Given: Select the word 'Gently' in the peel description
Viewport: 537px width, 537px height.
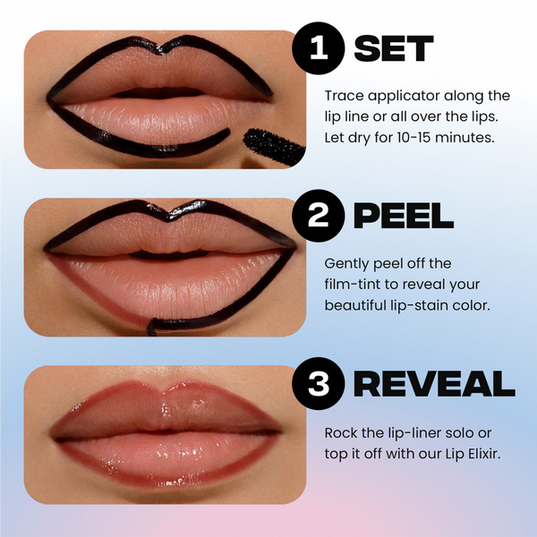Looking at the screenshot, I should tap(347, 263).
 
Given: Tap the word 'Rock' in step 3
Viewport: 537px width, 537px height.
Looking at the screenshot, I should tap(341, 432).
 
